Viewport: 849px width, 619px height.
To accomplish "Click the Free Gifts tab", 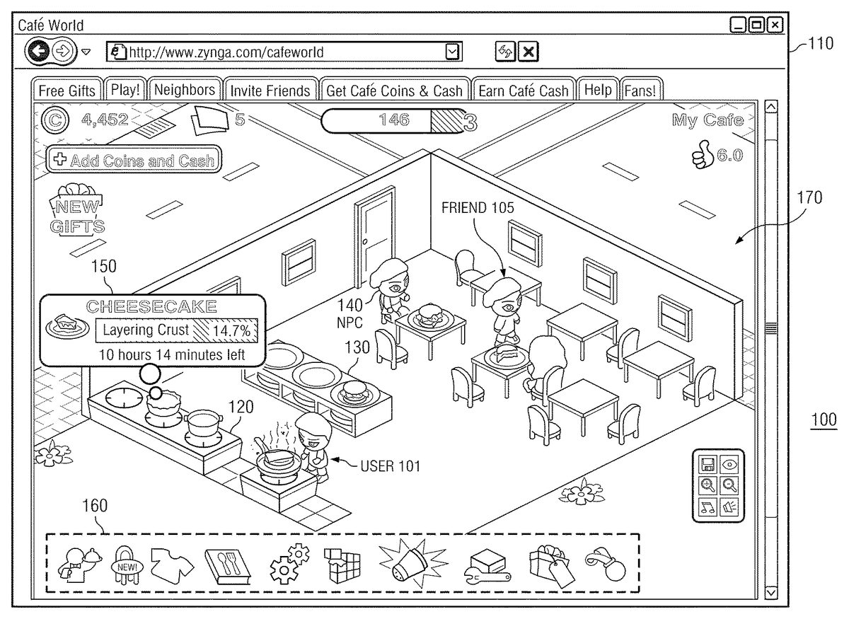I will click(67, 91).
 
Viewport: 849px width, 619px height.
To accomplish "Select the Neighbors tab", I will click(184, 90).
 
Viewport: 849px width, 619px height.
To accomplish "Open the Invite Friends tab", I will click(270, 91).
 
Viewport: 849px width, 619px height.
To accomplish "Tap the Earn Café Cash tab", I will click(523, 91).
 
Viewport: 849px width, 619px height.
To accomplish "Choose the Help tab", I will click(598, 90).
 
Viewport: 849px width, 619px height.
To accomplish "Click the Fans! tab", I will click(640, 91).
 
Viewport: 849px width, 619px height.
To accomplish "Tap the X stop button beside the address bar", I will click(529, 51).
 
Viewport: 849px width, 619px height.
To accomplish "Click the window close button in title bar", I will click(776, 25).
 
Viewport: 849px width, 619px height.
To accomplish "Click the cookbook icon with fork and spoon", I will click(228, 565).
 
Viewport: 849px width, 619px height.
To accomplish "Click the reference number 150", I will click(105, 267).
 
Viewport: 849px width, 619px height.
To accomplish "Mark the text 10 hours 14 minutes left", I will click(172, 354).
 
